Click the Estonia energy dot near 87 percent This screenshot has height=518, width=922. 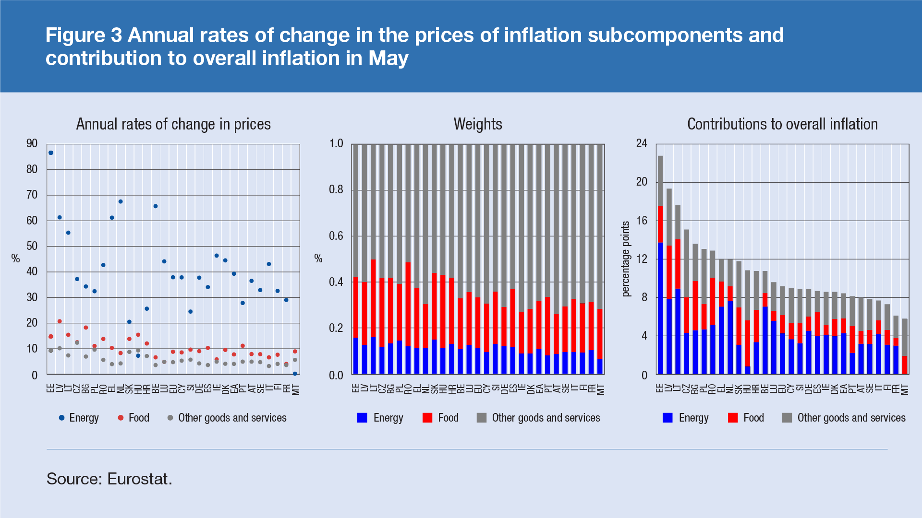51,153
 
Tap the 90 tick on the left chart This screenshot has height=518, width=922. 32,143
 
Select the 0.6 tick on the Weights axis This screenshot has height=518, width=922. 336,236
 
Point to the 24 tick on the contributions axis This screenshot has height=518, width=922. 642,143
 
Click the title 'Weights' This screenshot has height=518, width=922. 478,124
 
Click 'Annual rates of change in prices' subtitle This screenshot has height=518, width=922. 173,124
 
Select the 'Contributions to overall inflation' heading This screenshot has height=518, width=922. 782,124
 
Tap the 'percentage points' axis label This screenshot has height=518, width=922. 625,259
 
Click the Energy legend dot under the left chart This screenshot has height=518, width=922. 61,418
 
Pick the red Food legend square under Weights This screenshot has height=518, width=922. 427,418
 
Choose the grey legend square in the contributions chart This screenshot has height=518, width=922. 787,418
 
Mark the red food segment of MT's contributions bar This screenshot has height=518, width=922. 905,365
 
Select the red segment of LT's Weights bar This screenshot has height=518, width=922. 373,297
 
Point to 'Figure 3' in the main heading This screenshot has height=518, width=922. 84,35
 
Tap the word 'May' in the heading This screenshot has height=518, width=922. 388,58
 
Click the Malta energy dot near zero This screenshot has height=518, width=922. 295,374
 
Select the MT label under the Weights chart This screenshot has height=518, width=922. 600,389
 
